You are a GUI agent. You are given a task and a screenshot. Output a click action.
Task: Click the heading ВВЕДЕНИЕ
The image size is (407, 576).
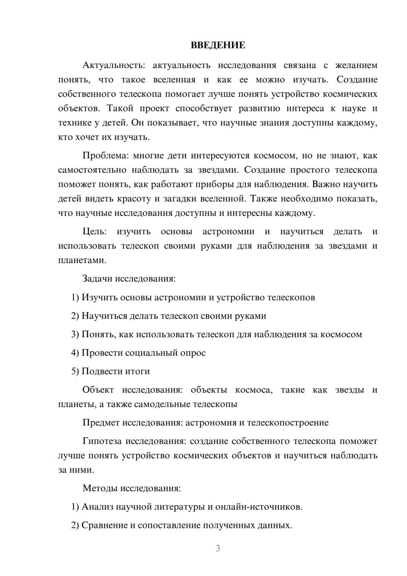pyautogui.click(x=218, y=45)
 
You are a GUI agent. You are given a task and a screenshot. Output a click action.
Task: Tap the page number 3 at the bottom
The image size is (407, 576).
pyautogui.click(x=218, y=548)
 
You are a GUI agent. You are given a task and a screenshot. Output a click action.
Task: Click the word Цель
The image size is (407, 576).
pyautogui.click(x=94, y=231)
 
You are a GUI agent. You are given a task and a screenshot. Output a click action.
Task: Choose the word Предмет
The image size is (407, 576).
pyautogui.click(x=101, y=422)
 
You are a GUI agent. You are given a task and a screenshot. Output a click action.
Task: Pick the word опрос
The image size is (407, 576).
pyautogui.click(x=193, y=353)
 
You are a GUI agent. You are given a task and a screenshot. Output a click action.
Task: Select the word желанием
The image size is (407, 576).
pyautogui.click(x=356, y=65)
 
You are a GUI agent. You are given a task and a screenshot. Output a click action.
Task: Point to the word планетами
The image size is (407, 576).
pyautogui.click(x=82, y=260)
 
